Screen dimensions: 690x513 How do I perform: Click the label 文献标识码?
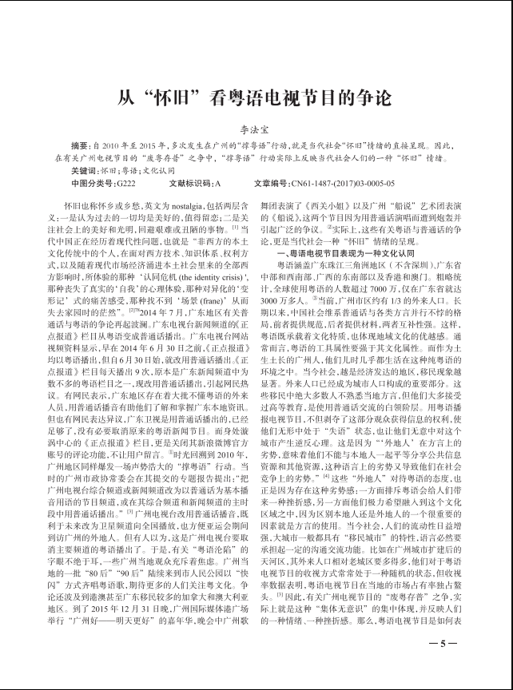pos(189,183)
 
